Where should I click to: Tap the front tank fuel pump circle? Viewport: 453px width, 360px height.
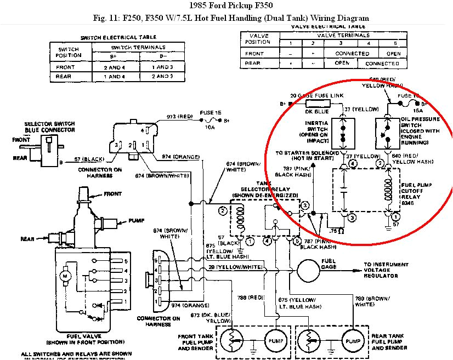point(276,339)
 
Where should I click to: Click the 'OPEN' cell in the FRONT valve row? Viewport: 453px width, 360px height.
point(393,54)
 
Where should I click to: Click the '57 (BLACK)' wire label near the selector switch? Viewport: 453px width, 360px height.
point(89,159)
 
